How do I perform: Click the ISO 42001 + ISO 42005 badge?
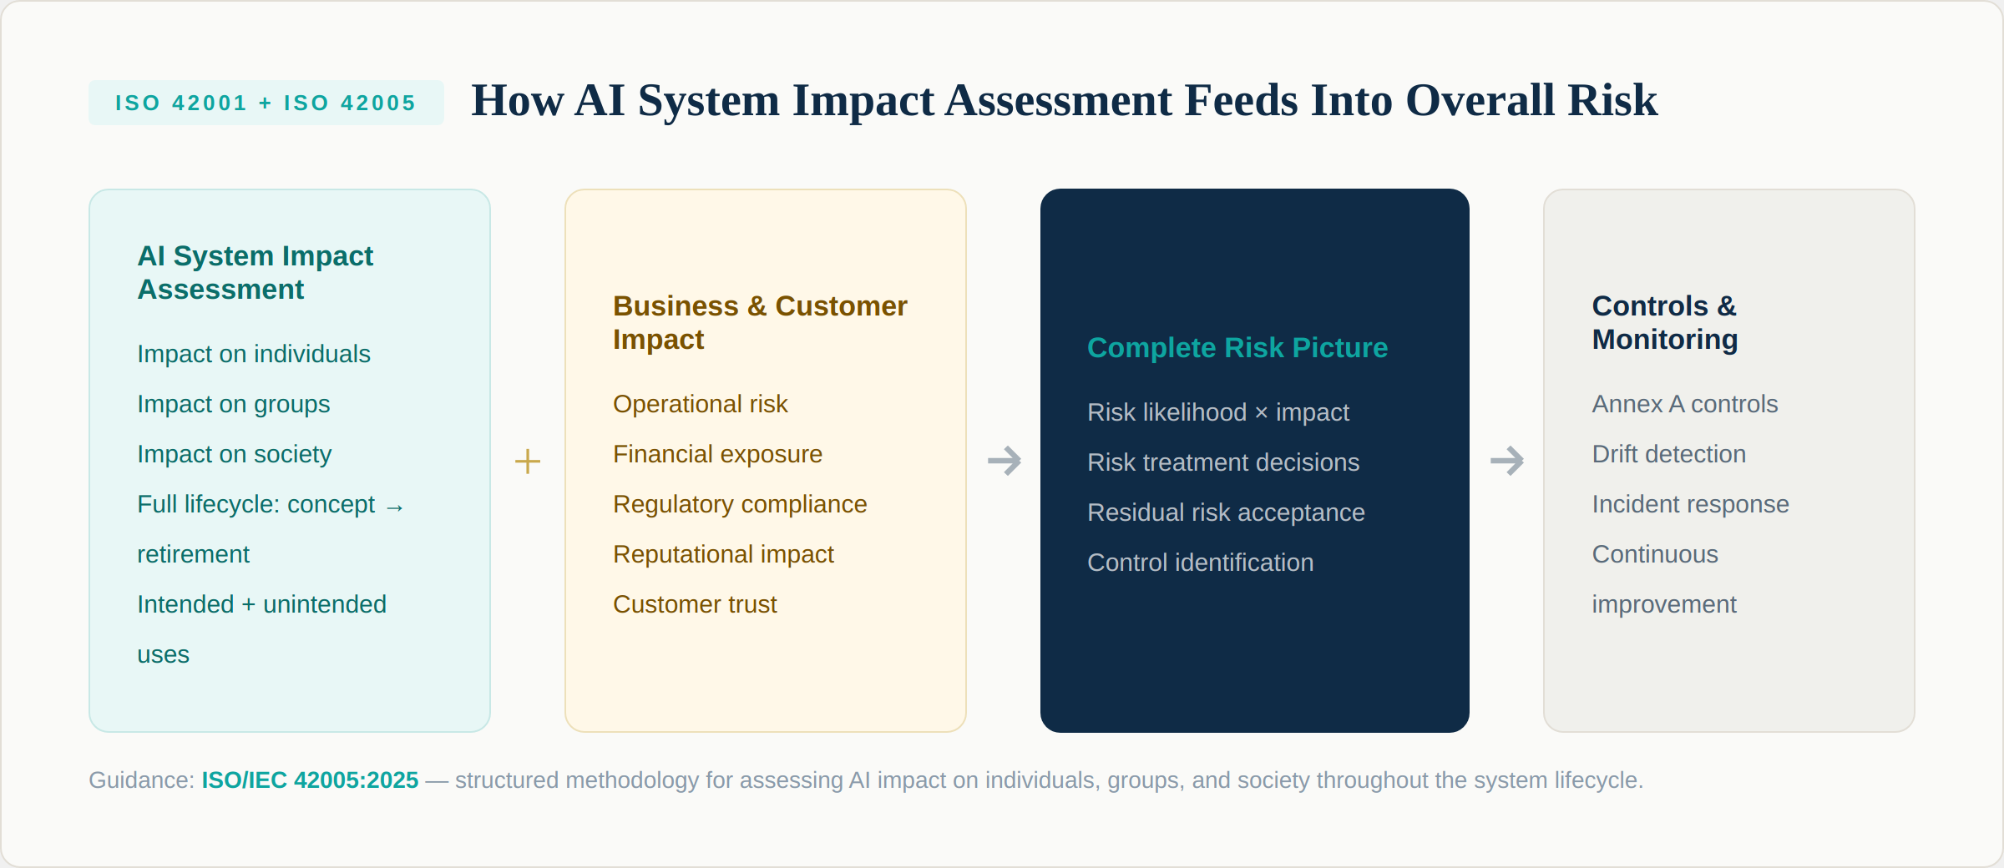pyautogui.click(x=266, y=103)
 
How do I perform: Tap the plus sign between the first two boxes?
pyautogui.click(x=528, y=462)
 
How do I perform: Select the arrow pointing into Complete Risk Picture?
pyautogui.click(x=1004, y=461)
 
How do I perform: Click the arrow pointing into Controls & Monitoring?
pyautogui.click(x=1506, y=461)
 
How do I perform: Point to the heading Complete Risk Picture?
pyautogui.click(x=1237, y=347)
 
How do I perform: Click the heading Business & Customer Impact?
pyautogui.click(x=759, y=322)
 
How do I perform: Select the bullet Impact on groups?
pyautogui.click(x=234, y=404)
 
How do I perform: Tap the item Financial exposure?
pyautogui.click(x=717, y=454)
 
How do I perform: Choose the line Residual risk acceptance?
pyautogui.click(x=1226, y=512)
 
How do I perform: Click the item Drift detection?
pyautogui.click(x=1668, y=454)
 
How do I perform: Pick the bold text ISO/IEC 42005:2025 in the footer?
pyautogui.click(x=310, y=780)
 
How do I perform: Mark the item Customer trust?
pyautogui.click(x=695, y=604)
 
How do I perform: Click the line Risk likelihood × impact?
pyautogui.click(x=1217, y=412)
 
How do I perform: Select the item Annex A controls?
pyautogui.click(x=1684, y=404)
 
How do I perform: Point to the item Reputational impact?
pyautogui.click(x=723, y=554)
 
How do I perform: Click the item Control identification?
pyautogui.click(x=1200, y=563)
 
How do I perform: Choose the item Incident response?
pyautogui.click(x=1690, y=504)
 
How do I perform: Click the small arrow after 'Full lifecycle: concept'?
pyautogui.click(x=395, y=507)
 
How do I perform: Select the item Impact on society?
pyautogui.click(x=234, y=454)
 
